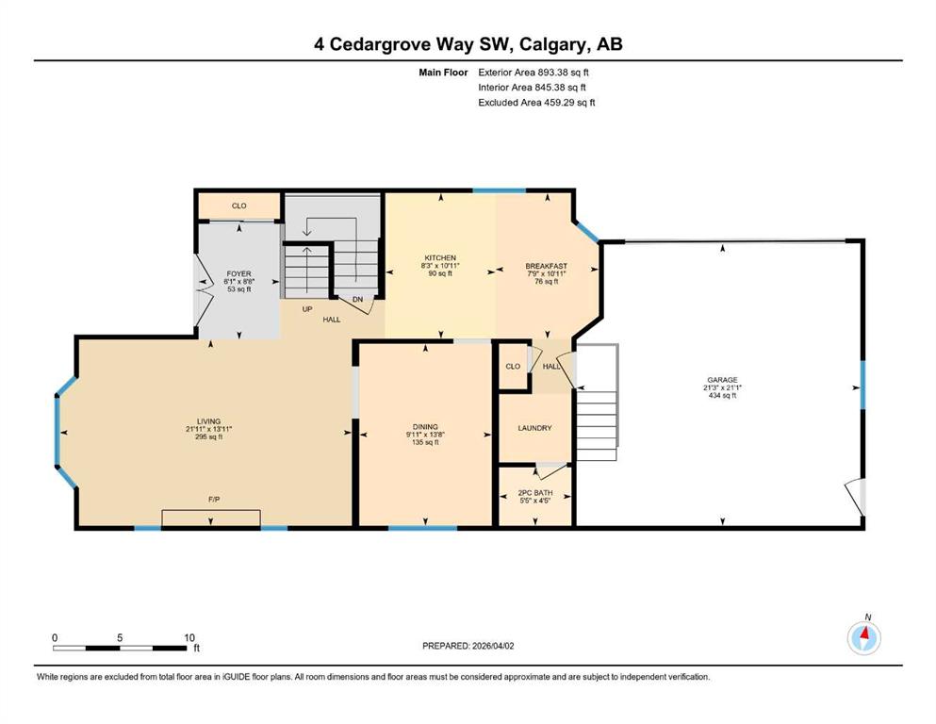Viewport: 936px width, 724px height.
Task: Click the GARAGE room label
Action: tap(722, 380)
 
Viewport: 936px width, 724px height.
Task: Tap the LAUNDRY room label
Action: tap(534, 428)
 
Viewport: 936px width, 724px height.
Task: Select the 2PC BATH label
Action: tap(535, 492)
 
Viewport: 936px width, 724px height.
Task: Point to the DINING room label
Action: tap(425, 427)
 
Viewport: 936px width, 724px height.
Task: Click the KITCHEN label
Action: tap(440, 258)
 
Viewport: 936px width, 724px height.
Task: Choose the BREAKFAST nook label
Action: tap(546, 266)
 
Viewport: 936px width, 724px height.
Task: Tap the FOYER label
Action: tap(238, 274)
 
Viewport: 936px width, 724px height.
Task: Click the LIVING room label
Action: tap(209, 421)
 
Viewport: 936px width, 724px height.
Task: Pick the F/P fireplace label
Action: tap(214, 499)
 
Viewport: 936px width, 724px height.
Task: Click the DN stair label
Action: tap(357, 300)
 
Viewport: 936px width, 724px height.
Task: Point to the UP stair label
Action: tap(307, 309)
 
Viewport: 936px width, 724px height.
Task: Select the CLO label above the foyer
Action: tap(238, 206)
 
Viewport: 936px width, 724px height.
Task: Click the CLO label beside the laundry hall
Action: tap(513, 367)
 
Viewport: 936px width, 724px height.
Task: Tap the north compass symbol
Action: tap(863, 638)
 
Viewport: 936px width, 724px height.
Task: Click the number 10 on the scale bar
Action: tap(189, 637)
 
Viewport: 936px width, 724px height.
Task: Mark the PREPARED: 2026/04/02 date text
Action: tap(468, 646)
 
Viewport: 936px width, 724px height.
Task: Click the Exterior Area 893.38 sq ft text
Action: tap(534, 73)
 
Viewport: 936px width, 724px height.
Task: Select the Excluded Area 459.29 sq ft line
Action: tap(536, 103)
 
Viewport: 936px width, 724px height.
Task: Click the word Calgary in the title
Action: tap(551, 44)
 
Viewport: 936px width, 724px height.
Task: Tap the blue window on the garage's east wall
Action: tap(862, 385)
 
